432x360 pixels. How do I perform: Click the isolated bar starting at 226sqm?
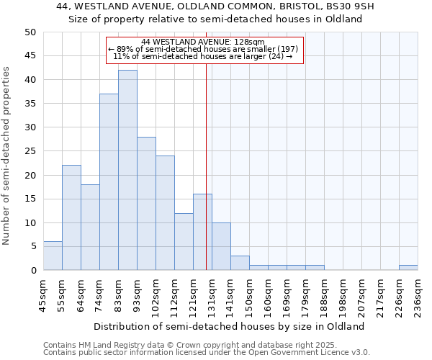408,268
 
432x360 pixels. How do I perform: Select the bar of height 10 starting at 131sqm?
221,246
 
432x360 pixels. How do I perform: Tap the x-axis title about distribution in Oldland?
229,326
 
